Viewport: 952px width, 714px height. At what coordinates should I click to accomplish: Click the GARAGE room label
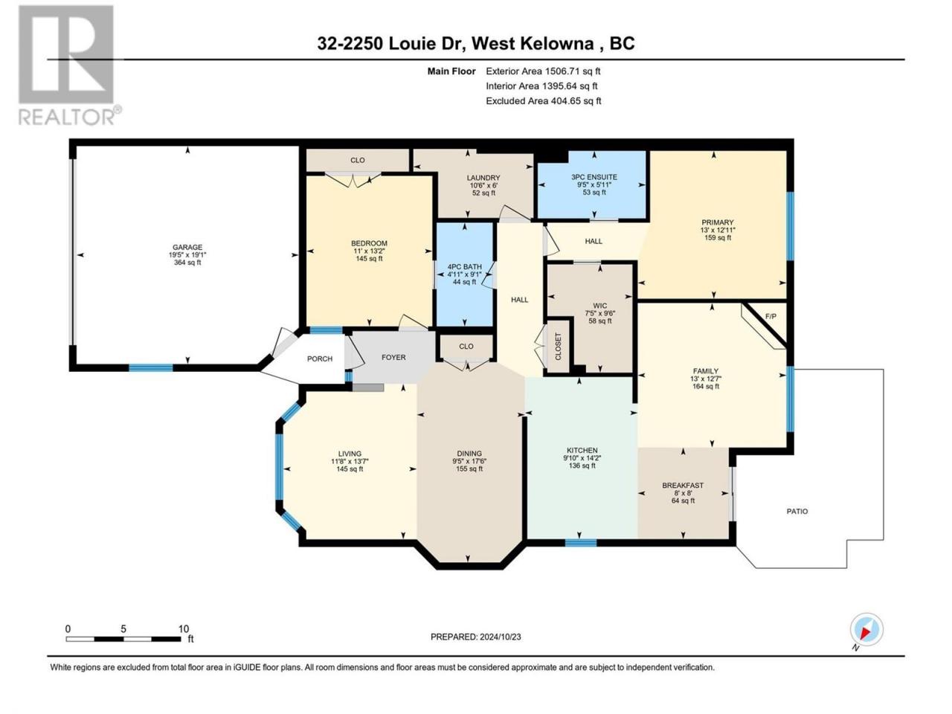187,247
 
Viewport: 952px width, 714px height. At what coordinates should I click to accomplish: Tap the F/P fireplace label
771,317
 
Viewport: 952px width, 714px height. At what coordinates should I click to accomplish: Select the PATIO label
797,512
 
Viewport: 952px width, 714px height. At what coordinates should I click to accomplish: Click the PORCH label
320,359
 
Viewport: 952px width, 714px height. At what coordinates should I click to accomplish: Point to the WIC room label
599,306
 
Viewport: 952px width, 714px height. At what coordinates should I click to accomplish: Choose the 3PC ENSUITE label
594,177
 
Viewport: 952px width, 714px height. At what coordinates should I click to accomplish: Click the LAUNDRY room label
483,178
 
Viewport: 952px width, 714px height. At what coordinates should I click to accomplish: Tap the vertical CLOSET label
559,347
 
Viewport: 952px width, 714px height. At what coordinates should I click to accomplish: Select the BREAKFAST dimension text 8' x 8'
683,493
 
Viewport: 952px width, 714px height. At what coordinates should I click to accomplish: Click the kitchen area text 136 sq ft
582,466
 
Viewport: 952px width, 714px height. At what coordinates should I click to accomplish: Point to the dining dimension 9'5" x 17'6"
469,461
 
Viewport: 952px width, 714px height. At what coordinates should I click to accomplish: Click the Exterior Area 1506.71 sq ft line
543,71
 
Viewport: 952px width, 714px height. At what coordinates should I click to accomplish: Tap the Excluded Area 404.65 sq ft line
544,101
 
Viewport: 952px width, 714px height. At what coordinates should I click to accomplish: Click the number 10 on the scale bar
184,628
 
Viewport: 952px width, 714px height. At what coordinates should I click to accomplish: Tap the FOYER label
393,357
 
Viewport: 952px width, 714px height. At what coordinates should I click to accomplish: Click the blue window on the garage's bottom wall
151,368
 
